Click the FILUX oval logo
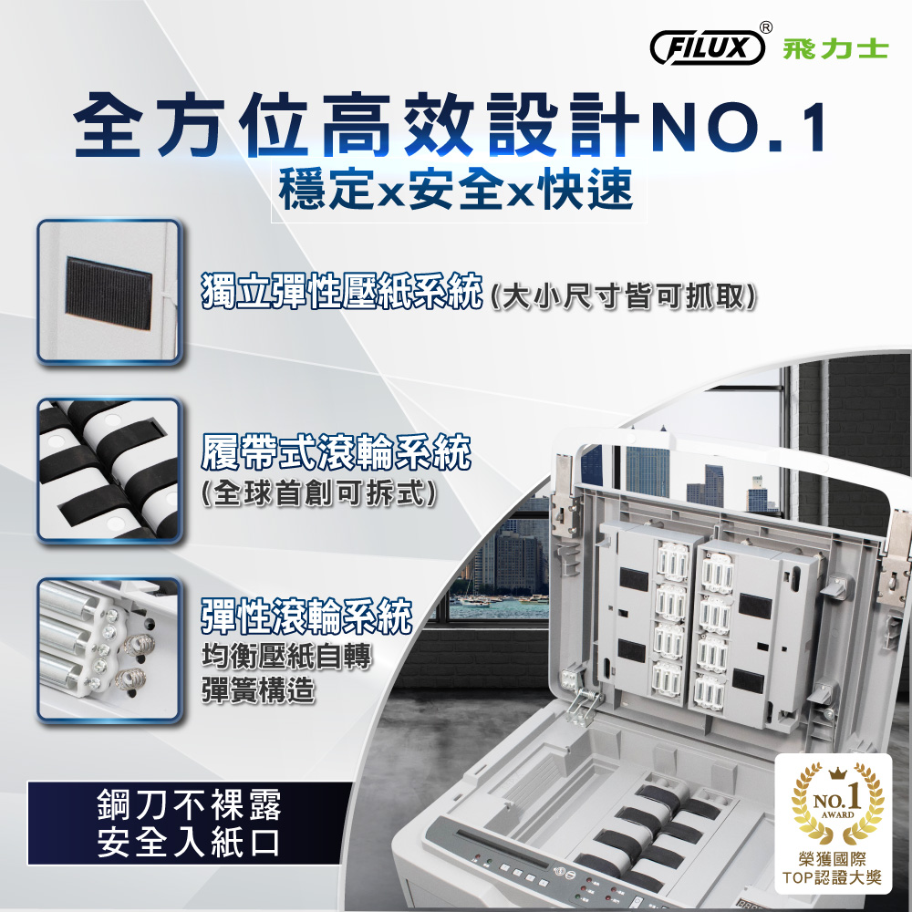coord(708,47)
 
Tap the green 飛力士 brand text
coord(835,49)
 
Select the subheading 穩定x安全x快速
coord(456,190)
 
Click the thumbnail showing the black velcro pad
coord(109,292)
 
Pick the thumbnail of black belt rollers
coord(109,471)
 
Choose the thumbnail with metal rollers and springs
coord(109,650)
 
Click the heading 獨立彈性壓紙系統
coord(342,290)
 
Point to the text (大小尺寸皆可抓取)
coord(624,296)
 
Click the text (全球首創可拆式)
coord(318,494)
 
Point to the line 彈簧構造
coord(258,691)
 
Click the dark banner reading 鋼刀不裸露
coord(190,823)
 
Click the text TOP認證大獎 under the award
coord(833,877)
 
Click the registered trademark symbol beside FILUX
coord(767,26)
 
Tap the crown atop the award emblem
coord(837,772)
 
